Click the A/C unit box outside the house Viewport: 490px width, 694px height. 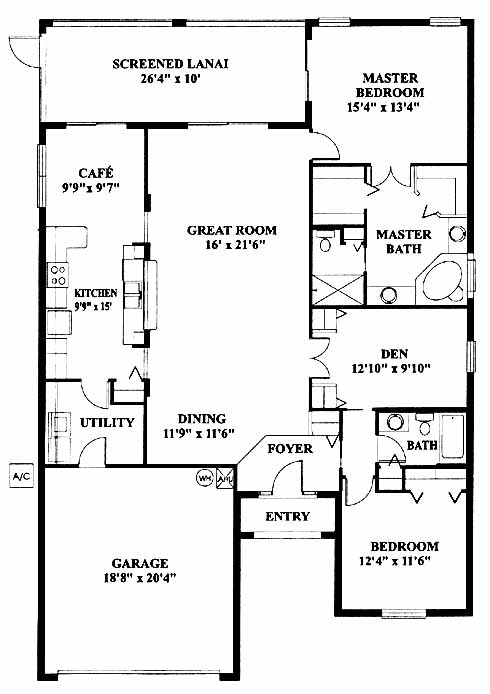pyautogui.click(x=22, y=476)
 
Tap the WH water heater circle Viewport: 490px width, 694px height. pyautogui.click(x=204, y=478)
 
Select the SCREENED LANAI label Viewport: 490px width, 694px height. pyautogui.click(x=170, y=64)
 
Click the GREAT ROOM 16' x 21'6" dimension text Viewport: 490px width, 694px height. pyautogui.click(x=235, y=244)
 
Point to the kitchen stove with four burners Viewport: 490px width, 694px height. pyautogui.click(x=58, y=275)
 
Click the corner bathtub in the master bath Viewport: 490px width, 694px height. pyautogui.click(x=443, y=281)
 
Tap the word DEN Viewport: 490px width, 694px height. pyautogui.click(x=394, y=354)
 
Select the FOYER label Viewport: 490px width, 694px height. pyautogui.click(x=290, y=449)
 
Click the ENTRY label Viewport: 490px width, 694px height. pyautogui.click(x=288, y=517)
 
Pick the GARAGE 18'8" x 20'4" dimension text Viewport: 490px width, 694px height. pyautogui.click(x=140, y=578)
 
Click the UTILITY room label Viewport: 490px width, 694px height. pyautogui.click(x=107, y=423)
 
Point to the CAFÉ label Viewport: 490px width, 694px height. pyautogui.click(x=96, y=172)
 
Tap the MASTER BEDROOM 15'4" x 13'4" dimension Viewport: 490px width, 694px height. pyautogui.click(x=383, y=107)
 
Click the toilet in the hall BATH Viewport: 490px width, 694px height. pyautogui.click(x=425, y=424)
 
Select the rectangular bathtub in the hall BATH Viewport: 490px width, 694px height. pyautogui.click(x=452, y=436)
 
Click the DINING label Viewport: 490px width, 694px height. pyautogui.click(x=202, y=419)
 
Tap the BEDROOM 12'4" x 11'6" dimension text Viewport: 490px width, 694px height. pyautogui.click(x=395, y=561)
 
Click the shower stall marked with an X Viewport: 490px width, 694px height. pyautogui.click(x=339, y=290)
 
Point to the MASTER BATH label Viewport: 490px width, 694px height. pyautogui.click(x=404, y=242)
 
